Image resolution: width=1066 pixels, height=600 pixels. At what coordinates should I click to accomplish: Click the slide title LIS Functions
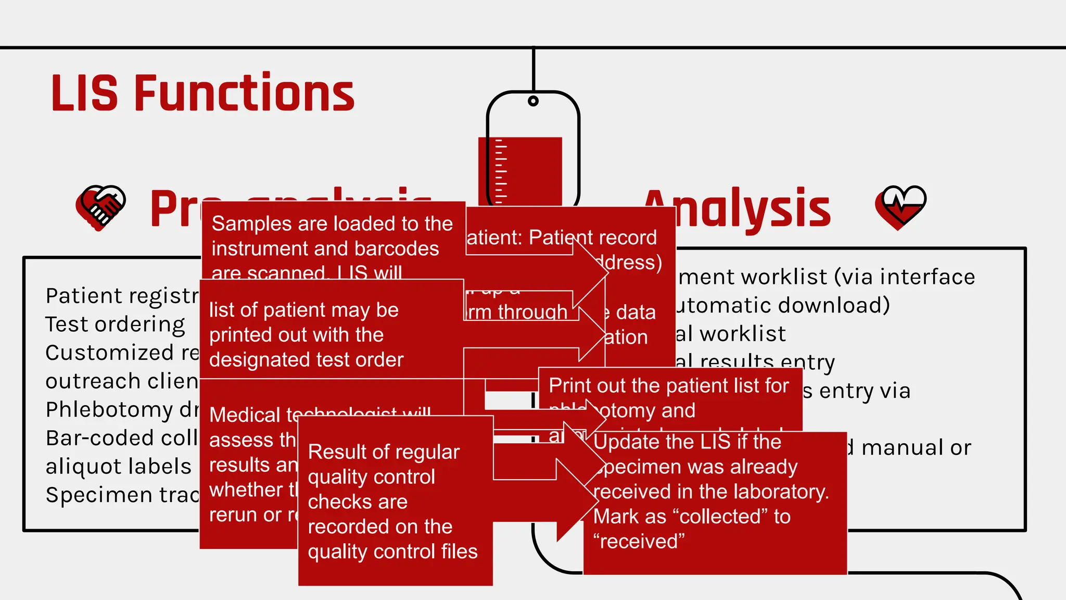[x=202, y=93]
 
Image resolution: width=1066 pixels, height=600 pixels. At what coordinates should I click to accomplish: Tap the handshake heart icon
[x=100, y=207]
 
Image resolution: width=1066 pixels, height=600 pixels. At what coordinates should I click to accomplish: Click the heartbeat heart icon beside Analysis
[x=900, y=207]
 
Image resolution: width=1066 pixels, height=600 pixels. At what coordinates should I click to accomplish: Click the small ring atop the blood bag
[x=533, y=101]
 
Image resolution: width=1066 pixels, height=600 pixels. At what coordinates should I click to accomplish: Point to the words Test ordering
[x=115, y=324]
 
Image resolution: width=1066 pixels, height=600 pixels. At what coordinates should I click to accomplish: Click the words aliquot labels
[x=119, y=467]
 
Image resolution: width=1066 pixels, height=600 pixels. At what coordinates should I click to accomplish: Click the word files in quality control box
[x=458, y=552]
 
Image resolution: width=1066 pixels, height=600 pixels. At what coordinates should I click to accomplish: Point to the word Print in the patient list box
[x=569, y=386]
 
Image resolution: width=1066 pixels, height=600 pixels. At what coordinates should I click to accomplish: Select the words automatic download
[x=781, y=306]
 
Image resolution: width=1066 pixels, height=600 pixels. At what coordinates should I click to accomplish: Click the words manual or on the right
[x=916, y=448]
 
